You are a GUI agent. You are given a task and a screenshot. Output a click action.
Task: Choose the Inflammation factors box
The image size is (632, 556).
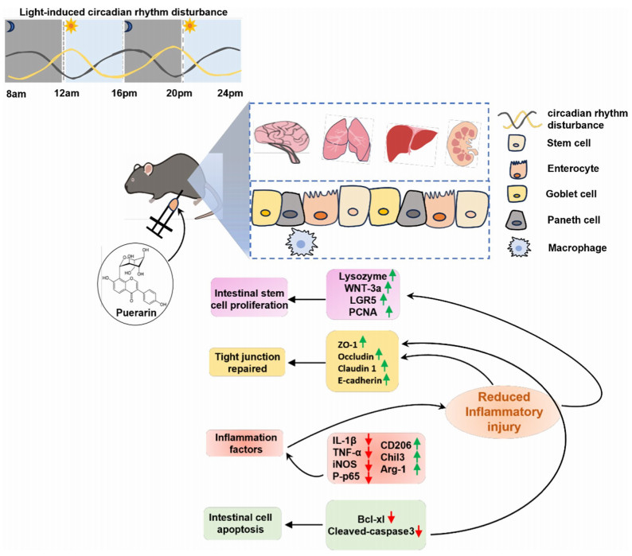pyautogui.click(x=246, y=444)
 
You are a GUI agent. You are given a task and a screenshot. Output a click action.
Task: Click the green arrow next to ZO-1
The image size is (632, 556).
pyautogui.click(x=362, y=342)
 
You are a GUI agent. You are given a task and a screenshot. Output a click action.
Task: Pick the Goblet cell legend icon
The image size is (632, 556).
pyautogui.click(x=516, y=193)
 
